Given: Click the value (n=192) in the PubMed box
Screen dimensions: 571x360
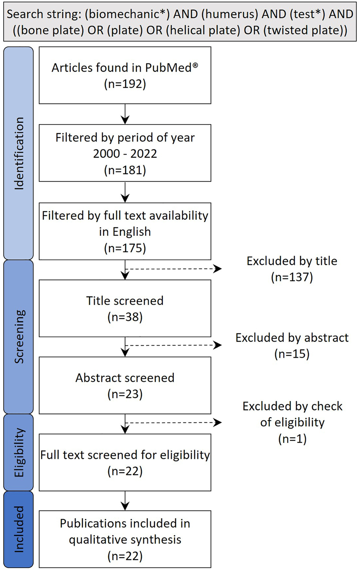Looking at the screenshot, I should pos(125,84).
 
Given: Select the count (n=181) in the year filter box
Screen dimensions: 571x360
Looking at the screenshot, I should pos(125,170).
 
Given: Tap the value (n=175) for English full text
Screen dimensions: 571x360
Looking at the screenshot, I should pos(125,248).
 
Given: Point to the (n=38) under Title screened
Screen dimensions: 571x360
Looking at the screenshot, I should pos(125,317).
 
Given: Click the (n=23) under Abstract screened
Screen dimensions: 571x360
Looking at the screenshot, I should pos(125,394).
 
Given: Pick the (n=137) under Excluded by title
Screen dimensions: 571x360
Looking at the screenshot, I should pos(292,277).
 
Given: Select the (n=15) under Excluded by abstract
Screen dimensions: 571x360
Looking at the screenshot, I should pos(292,354).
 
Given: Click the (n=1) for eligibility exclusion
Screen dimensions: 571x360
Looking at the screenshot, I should pos(292,439).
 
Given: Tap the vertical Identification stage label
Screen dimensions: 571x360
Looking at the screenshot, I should pos(19,153).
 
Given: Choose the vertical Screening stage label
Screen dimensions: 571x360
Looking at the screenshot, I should pos(19,337).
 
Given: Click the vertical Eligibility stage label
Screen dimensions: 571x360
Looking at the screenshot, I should pos(19,452).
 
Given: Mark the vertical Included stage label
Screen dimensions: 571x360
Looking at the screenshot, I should pos(19,529).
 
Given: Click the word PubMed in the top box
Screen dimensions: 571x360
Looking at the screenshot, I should pos(169,68).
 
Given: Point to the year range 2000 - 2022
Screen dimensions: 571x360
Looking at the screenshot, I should pos(125,153).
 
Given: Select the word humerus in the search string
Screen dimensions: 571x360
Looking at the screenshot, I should pos(231,14).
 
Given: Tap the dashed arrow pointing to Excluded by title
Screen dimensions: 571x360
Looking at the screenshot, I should pos(174,269).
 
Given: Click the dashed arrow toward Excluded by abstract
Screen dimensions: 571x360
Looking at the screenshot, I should pos(174,345).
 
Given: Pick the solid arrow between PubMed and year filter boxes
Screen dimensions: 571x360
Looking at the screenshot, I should pos(125,114).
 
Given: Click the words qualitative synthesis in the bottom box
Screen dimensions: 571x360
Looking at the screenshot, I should pos(125,540).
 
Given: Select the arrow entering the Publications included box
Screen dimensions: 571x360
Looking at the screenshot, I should pos(125,501).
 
